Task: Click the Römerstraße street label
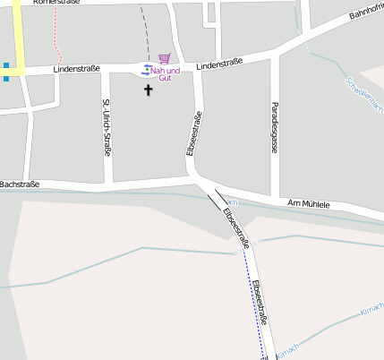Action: coord(55,3)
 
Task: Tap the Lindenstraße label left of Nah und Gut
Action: coord(77,68)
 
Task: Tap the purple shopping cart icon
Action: coord(164,58)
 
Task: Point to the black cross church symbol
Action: coord(149,90)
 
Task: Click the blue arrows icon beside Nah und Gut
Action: coord(147,69)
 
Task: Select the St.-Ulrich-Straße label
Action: coord(107,127)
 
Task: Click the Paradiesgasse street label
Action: coord(275,127)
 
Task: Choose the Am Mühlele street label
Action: coord(309,204)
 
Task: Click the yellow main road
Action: coord(16,36)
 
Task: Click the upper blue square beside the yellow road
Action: coord(5,65)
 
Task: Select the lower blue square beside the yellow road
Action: coord(5,79)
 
